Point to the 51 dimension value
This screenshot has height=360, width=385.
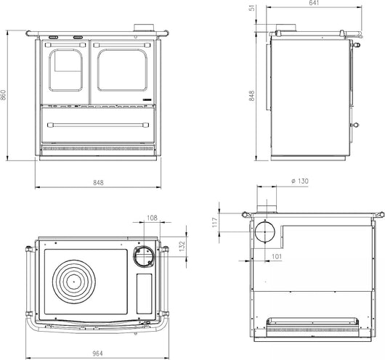click(251, 9)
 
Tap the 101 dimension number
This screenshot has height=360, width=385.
click(276, 256)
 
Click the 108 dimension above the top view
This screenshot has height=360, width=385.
click(152, 218)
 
